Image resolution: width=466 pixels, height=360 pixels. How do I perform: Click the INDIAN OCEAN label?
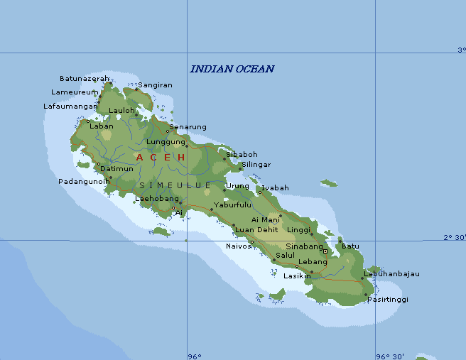pos(232,69)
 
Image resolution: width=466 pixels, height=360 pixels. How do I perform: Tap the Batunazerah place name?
pos(85,78)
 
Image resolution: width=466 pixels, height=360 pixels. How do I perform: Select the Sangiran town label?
pos(155,85)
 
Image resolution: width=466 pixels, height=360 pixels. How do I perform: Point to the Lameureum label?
pos(75,92)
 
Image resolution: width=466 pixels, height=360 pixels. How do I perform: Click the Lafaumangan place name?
pos(70,106)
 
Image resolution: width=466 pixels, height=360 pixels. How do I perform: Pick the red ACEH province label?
pos(161,157)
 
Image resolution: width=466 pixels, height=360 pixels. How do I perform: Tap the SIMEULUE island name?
pos(175,185)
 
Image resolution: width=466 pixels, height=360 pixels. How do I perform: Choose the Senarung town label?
pos(188,127)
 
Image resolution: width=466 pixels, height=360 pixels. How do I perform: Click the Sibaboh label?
pos(242,154)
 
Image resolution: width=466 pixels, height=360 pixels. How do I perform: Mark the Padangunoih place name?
pos(84,181)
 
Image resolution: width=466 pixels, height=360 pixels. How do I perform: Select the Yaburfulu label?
pos(232,204)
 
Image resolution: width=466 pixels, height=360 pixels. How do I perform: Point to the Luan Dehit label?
pos(256,229)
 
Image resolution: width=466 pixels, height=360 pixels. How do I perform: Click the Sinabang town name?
pos(304,246)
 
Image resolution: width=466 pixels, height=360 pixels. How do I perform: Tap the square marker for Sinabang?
pos(325,251)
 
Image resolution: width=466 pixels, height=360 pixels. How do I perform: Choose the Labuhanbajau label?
pos(391,274)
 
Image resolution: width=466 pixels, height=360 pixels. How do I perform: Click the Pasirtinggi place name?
pos(388,300)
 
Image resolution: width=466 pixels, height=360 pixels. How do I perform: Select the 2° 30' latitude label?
pos(455,238)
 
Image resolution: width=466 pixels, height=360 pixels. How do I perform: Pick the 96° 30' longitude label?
pos(390,356)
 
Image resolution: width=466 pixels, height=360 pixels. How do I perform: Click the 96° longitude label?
pos(194,356)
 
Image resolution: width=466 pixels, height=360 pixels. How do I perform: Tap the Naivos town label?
pos(239,246)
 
